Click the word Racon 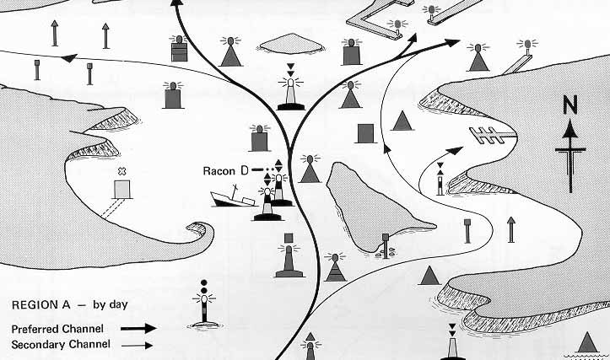pyautogui.click(x=219, y=171)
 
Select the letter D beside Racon pyautogui.click(x=245, y=170)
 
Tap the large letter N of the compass pyautogui.click(x=570, y=105)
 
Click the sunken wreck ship pyautogui.click(x=234, y=197)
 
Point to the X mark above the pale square pyautogui.click(x=121, y=171)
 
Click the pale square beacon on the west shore pyautogui.click(x=121, y=189)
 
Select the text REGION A pyautogui.click(x=40, y=305)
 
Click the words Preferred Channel pyautogui.click(x=57, y=330)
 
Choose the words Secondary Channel pyautogui.click(x=61, y=345)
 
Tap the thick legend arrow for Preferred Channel pyautogui.click(x=138, y=329)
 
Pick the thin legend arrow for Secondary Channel pyautogui.click(x=137, y=345)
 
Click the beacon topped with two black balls pyautogui.click(x=204, y=304)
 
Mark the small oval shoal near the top pyautogui.click(x=291, y=44)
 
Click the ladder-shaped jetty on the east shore pyautogui.click(x=493, y=135)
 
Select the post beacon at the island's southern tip pyautogui.click(x=385, y=245)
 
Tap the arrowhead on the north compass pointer pyautogui.click(x=570, y=129)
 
